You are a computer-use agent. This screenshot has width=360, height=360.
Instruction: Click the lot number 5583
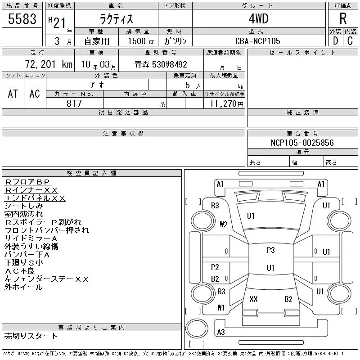22,19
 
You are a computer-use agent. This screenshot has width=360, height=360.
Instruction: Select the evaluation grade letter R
343,18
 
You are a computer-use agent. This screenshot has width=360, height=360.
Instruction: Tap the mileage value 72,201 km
49,64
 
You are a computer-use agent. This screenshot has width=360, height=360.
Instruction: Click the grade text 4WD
258,18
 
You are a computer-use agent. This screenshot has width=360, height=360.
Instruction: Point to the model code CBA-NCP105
257,41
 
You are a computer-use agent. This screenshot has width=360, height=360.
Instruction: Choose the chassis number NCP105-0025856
302,143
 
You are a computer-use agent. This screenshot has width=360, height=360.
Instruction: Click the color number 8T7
74,103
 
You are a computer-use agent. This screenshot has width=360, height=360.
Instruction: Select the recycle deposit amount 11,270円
227,104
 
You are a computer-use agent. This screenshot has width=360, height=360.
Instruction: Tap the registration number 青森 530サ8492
161,64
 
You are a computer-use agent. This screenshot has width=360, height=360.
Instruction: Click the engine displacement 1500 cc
141,41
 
